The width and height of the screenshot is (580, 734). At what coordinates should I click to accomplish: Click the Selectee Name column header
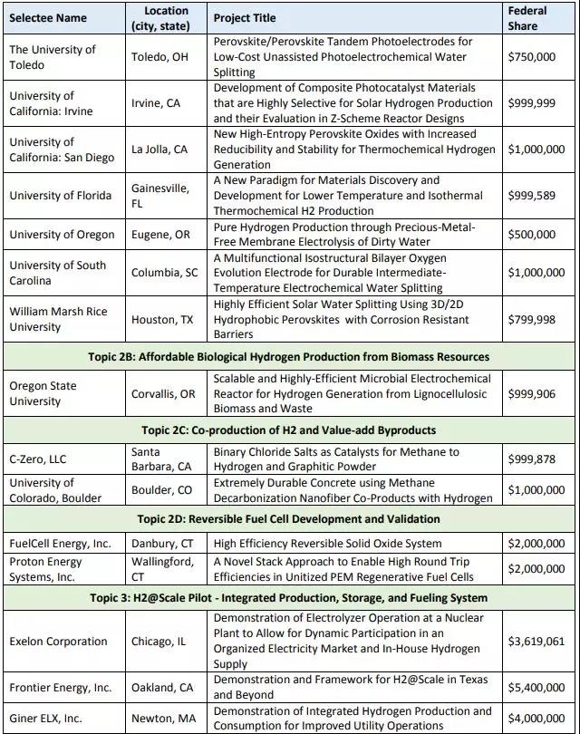coord(49,18)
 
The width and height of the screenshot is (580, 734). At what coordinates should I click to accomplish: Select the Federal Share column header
coord(529,18)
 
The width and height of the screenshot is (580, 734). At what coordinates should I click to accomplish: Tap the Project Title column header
coord(245,18)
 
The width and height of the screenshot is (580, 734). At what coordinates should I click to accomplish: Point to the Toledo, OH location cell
coord(163,56)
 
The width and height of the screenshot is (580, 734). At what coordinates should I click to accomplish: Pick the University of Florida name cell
coord(61,196)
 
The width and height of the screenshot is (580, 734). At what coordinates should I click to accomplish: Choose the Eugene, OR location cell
coord(162,234)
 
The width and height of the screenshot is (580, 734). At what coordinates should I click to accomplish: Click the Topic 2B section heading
coord(289,357)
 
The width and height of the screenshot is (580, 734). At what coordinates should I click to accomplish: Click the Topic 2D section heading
coord(289,519)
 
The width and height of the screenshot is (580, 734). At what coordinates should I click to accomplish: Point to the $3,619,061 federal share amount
coord(532,641)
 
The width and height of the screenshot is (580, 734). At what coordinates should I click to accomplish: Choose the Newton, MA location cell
coord(163,718)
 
